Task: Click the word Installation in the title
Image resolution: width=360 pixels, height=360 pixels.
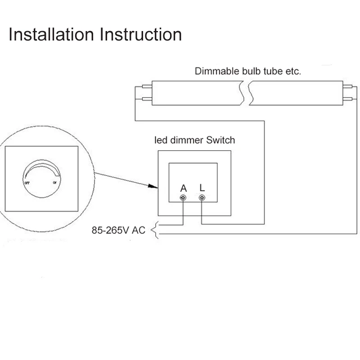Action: (51, 35)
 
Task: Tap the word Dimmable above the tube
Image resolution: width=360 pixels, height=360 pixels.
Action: (214, 71)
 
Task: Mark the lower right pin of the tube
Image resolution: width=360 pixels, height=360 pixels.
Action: (348, 98)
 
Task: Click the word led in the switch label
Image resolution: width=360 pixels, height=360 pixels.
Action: (161, 140)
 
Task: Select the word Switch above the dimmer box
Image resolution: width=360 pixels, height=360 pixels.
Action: (220, 140)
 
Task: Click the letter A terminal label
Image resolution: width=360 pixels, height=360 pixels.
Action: (183, 188)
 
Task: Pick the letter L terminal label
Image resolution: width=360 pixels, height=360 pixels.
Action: (202, 188)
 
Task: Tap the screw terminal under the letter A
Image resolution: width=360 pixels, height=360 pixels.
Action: (183, 198)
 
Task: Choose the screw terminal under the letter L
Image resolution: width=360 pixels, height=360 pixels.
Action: (202, 198)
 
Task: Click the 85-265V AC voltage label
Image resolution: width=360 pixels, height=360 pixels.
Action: (118, 230)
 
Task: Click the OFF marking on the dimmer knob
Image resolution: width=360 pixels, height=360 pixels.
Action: (26, 184)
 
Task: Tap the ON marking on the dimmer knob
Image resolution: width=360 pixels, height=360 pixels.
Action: (55, 183)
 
